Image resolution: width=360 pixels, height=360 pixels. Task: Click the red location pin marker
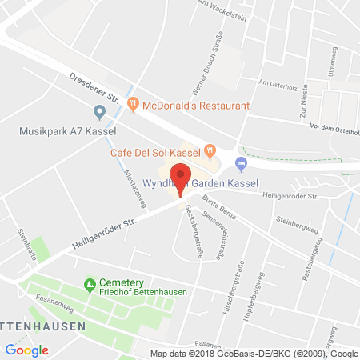point(181,177)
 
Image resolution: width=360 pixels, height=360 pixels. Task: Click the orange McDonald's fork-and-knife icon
point(134,105)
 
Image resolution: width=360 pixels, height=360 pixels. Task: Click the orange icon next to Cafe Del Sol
point(210,149)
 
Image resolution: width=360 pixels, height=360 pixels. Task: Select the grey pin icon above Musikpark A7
point(99,112)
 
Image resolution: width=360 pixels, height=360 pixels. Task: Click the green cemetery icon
point(90,284)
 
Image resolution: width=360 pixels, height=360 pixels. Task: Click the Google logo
point(26,350)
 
